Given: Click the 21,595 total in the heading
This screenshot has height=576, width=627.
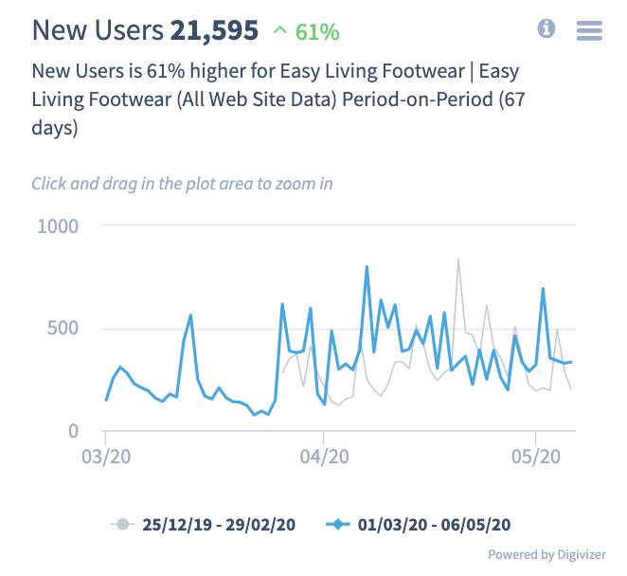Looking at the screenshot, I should click(214, 30).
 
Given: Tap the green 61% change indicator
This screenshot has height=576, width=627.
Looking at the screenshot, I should click(305, 31).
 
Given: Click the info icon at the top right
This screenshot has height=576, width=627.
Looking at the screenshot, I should click(546, 29).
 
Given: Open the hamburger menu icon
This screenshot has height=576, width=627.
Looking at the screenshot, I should click(589, 30).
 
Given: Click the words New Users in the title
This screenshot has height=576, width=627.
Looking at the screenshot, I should click(98, 30).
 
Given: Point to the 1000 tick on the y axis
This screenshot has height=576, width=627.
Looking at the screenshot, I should click(58, 225).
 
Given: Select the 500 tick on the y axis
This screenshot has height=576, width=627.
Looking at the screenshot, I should click(63, 329).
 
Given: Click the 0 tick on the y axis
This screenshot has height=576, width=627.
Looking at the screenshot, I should click(73, 431).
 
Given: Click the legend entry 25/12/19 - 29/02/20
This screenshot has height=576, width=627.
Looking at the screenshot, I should click(219, 523).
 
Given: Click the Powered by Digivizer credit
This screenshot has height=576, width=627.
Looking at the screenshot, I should click(546, 555).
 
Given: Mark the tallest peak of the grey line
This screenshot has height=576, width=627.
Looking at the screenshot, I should click(458, 260).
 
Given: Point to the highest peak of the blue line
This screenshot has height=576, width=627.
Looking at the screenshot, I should click(367, 267).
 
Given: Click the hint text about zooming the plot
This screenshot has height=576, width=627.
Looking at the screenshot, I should click(182, 183).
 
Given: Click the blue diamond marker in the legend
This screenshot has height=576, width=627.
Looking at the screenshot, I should click(337, 523).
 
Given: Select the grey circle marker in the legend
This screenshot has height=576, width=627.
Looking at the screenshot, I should click(121, 523).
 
